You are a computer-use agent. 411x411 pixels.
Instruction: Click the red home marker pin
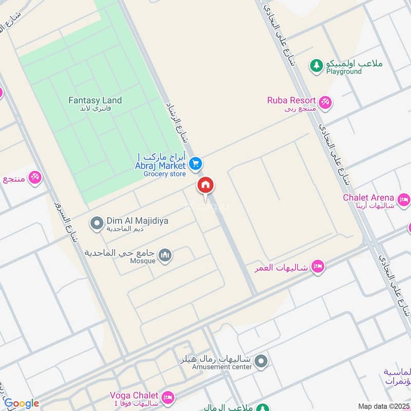pos(205,186)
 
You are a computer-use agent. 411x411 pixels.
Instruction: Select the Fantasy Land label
pos(95,101)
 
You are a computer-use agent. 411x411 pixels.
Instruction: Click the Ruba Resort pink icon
pos(325,103)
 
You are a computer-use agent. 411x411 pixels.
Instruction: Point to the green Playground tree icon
pos(316,65)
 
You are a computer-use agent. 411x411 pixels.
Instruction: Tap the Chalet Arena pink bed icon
pos(404,198)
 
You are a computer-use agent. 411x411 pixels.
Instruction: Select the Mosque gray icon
pos(165,255)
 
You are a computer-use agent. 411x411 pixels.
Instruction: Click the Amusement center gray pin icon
pos(261,362)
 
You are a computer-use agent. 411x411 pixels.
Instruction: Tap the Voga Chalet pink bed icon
pos(167,398)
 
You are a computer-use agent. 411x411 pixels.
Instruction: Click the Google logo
pos(21,403)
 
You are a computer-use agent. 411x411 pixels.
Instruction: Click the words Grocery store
pos(164,174)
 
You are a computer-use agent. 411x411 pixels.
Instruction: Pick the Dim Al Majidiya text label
pos(137,220)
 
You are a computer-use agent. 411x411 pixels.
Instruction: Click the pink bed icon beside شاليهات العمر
pos(318,266)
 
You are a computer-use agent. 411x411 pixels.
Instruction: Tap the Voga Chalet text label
pos(135,396)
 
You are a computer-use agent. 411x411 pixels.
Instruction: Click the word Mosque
pos(143,260)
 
